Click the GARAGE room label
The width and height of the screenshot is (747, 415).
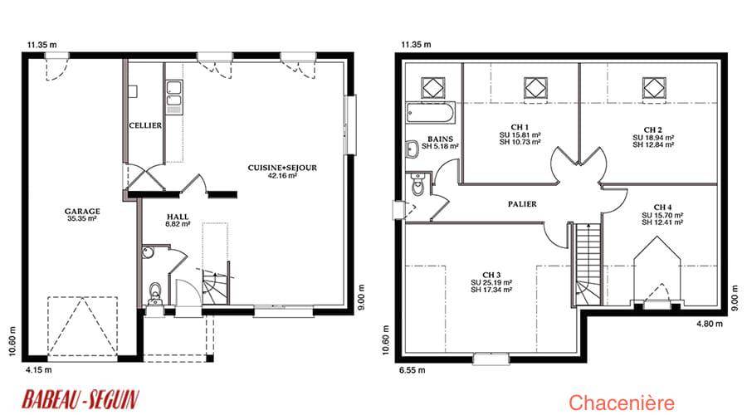82,211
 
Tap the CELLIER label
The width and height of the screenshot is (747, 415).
145,125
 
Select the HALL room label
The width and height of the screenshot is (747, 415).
178,217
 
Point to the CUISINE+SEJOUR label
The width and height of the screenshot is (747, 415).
282,168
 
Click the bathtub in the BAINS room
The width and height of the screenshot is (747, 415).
430,114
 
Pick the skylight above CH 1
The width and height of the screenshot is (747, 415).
535,89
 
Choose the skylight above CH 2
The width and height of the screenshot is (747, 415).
654,89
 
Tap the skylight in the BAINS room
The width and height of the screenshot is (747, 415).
433,88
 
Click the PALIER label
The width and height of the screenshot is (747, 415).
522,204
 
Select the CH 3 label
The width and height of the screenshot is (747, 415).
491,275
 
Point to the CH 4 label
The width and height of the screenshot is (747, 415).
662,207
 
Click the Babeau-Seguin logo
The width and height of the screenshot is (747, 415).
81,399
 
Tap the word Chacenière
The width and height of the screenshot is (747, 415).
622,403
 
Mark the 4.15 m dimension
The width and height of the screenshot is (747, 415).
39,369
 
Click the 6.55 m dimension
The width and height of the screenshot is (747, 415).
412,369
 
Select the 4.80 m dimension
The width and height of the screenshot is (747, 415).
710,324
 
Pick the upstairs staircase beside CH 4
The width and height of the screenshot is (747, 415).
587,265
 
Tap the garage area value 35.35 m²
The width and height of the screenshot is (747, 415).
82,218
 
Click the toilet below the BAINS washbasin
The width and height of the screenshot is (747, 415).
417,185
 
